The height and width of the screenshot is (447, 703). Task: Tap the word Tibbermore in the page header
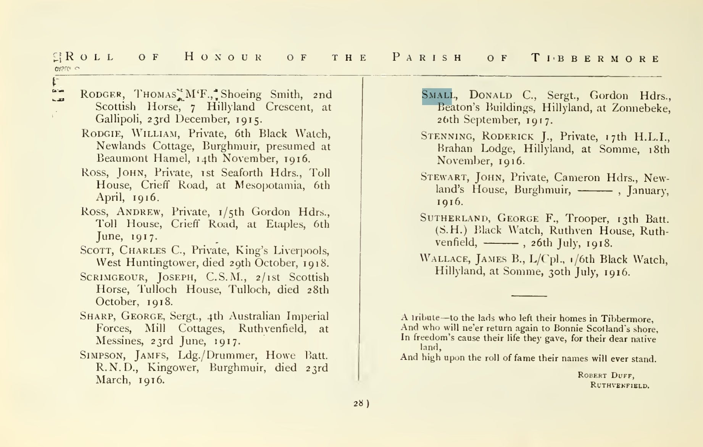pyautogui.click(x=596, y=58)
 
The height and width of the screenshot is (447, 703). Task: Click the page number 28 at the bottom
pyautogui.click(x=358, y=403)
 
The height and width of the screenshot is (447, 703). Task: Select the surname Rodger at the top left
pyautogui.click(x=101, y=94)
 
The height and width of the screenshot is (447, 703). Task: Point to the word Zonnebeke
pyautogui.click(x=641, y=108)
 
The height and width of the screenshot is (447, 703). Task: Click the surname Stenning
pyautogui.click(x=446, y=136)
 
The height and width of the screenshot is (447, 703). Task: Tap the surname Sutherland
pyautogui.click(x=454, y=218)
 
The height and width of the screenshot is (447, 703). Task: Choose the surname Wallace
pyautogui.click(x=445, y=259)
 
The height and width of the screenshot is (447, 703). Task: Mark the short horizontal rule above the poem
pyautogui.click(x=529, y=296)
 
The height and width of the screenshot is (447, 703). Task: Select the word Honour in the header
pyautogui.click(x=224, y=58)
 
